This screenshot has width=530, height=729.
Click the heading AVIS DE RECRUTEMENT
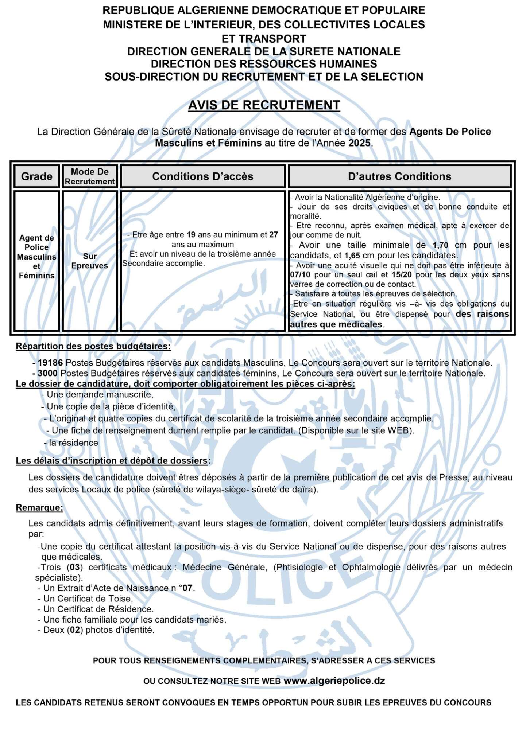coord(264,105)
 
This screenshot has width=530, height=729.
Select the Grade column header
coord(36,176)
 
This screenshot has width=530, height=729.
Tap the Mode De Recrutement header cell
coord(90,176)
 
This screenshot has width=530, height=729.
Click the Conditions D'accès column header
coord(202,176)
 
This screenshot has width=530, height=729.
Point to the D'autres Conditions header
coord(399,176)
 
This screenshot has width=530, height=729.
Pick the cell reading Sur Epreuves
coord(90,261)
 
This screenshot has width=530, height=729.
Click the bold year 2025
coord(359,143)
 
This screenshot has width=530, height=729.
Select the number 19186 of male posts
coord(50,363)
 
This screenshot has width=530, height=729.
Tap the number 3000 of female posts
coord(48,373)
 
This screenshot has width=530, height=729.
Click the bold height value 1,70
coord(440,245)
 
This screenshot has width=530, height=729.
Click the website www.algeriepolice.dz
coord(334,681)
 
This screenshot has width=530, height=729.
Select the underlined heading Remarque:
coord(39,507)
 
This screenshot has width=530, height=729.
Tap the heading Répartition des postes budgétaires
coord(93,346)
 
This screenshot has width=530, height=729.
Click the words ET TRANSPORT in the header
coord(264,39)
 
